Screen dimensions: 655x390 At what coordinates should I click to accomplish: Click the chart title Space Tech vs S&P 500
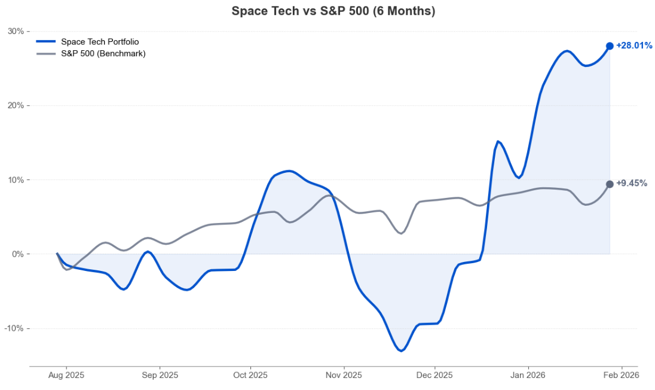333,11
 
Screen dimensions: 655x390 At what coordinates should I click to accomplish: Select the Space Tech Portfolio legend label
100,42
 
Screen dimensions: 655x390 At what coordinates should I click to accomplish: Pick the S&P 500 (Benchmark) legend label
103,53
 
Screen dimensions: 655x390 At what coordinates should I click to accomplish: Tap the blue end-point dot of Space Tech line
610,46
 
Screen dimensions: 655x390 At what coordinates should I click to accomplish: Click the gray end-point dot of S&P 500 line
610,184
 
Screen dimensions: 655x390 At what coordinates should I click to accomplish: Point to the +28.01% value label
634,45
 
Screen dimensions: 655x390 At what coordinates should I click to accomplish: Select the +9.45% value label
632,183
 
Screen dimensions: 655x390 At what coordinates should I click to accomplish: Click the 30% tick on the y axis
16,31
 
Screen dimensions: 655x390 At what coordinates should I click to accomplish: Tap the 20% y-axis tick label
16,106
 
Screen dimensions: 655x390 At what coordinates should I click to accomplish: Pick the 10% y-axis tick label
16,180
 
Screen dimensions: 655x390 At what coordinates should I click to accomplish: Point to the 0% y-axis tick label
18,254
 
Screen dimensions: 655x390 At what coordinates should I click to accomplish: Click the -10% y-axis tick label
14,328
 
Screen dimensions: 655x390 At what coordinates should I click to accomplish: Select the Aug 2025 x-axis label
66,376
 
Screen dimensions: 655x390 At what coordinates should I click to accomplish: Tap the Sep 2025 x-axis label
160,376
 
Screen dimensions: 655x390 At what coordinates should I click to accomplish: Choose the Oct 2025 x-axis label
250,376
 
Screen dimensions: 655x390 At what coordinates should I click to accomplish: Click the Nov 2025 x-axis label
344,376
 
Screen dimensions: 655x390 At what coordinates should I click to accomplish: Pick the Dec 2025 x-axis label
434,376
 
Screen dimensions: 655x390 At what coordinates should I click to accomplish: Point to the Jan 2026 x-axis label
528,376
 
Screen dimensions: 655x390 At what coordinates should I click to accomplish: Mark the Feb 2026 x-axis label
621,376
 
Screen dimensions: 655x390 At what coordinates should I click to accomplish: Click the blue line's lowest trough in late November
401,351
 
